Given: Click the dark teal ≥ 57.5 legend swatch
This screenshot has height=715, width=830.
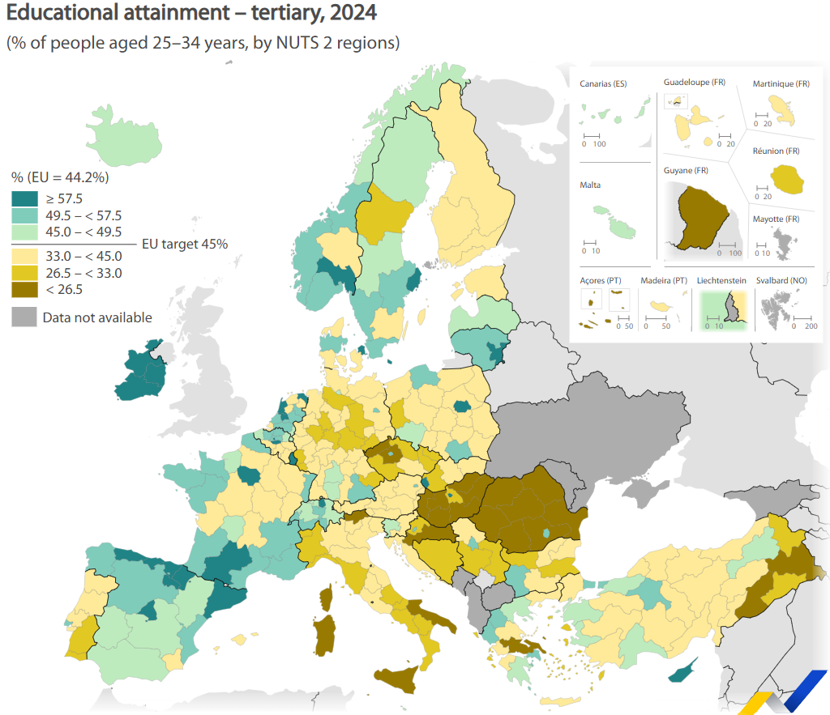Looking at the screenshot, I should pyautogui.click(x=24, y=198).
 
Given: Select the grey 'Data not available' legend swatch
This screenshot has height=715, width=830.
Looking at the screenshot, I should pyautogui.click(x=24, y=317).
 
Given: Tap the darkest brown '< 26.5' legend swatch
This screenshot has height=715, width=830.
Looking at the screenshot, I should pyautogui.click(x=24, y=289).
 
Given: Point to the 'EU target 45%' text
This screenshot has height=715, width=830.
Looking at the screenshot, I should pyautogui.click(x=185, y=244).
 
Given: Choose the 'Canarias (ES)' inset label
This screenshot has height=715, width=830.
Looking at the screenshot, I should pyautogui.click(x=603, y=84).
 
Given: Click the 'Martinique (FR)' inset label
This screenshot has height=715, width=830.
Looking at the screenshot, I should pyautogui.click(x=781, y=84).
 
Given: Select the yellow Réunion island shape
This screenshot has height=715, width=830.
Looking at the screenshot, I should pyautogui.click(x=787, y=179).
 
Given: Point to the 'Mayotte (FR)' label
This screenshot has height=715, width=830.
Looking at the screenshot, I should pyautogui.click(x=776, y=219).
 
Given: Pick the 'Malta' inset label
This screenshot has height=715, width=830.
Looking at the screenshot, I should pyautogui.click(x=590, y=185).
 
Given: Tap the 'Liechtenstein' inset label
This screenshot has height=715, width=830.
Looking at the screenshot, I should pyautogui.click(x=721, y=280).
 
